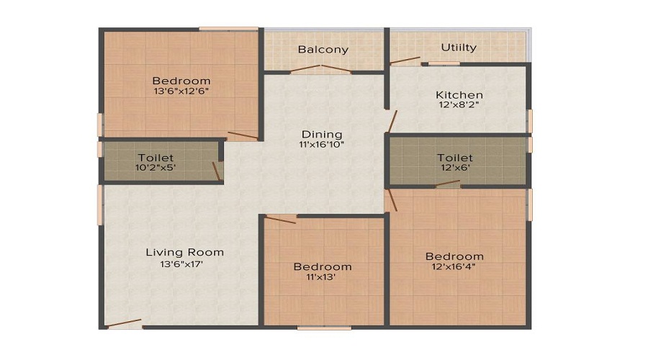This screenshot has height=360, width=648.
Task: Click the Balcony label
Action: click(323, 50)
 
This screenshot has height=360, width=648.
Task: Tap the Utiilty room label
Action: click(459, 48)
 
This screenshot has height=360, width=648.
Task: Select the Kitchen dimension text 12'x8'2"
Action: click(459, 105)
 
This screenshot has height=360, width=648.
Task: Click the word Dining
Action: click(322, 134)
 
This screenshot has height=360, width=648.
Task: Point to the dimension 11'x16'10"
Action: click(322, 145)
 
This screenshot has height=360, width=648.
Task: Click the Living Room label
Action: click(184, 252)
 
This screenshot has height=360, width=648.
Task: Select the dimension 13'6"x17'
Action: click(184, 264)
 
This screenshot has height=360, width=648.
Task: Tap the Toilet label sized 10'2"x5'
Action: click(156, 157)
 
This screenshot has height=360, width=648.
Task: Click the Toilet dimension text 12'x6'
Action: click(455, 168)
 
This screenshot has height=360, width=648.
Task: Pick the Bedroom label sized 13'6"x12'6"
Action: click(181, 81)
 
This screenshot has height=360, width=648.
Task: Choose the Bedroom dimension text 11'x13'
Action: click(323, 278)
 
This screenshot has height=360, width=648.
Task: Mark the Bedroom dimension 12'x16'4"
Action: click(454, 267)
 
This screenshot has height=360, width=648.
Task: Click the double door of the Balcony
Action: click(322, 69)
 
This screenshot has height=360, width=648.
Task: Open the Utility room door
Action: click(405, 61)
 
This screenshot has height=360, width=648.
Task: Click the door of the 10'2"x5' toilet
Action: click(216, 171)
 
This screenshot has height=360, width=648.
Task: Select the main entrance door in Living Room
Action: click(123, 324)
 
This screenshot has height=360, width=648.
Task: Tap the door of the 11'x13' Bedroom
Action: click(281, 219)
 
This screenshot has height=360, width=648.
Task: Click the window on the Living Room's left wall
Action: click(101, 204)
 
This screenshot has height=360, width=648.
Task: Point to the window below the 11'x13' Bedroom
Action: click(323, 328)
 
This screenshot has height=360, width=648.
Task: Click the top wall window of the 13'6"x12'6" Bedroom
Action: click(228, 29)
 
